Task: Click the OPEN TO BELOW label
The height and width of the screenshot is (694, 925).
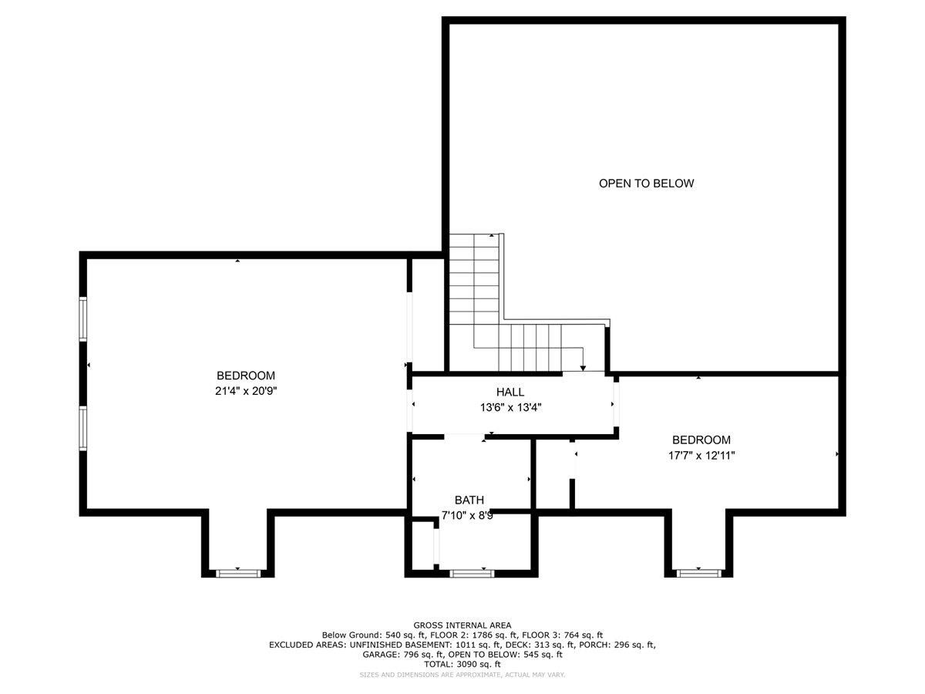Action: [646, 184]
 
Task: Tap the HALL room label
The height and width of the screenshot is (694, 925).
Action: [510, 392]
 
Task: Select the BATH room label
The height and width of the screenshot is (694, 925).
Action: [469, 500]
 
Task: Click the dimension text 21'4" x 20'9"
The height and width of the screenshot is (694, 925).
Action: [246, 391]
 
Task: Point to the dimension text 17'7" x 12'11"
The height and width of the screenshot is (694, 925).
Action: [701, 456]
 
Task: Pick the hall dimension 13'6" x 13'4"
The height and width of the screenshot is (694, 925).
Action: [510, 407]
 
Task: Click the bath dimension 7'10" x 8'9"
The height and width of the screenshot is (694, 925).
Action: [467, 515]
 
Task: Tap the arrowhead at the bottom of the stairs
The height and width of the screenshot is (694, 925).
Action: [583, 369]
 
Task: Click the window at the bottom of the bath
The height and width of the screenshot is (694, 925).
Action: [472, 574]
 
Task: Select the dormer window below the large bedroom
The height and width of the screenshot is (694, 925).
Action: [238, 574]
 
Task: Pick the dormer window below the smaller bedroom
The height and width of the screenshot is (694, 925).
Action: [698, 574]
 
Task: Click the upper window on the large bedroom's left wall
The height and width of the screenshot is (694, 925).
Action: [83, 319]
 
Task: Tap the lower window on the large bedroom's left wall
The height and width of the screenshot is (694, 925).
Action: [83, 428]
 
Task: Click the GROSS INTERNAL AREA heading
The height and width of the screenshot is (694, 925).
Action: [462, 625]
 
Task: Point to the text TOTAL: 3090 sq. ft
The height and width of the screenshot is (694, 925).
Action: [462, 664]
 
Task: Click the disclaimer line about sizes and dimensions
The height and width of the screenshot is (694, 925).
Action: [462, 675]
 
